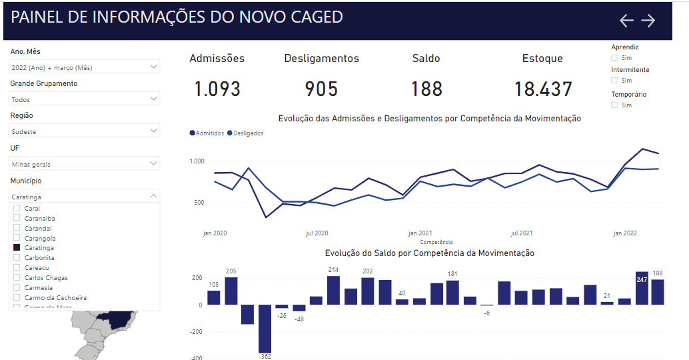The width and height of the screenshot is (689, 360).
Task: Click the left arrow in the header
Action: click(626, 21)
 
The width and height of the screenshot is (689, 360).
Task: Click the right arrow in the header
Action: click(648, 21)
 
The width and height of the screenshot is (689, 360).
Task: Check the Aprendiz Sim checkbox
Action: click(614, 58)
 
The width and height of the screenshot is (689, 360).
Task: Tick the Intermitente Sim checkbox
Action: click(614, 81)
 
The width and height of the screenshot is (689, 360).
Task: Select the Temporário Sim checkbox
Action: click(614, 105)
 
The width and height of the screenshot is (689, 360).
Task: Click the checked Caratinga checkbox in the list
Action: click(17, 247)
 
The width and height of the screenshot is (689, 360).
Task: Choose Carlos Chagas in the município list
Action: click(46, 277)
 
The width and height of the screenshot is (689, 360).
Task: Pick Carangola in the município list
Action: click(39, 238)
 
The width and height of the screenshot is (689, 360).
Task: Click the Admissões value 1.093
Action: click(217, 89)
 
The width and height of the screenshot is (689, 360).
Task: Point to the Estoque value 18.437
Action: click(543, 89)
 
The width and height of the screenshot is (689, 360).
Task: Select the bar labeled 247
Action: click(642, 288)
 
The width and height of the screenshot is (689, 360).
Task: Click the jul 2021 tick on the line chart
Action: click(521, 233)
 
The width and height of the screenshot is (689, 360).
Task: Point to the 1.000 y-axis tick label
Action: click(196, 161)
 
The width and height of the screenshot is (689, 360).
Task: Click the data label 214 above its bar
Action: click(333, 270)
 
